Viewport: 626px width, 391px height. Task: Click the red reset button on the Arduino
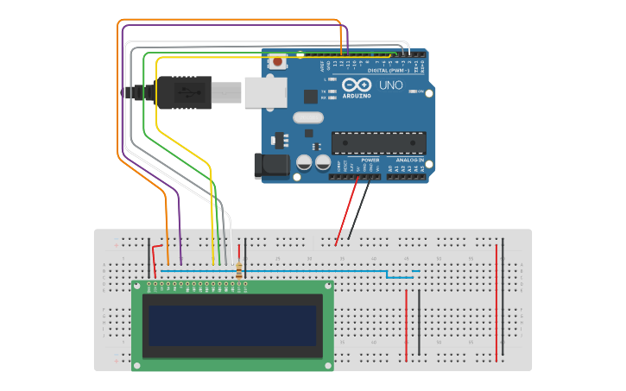coord(278,61)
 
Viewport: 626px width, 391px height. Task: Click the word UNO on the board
coord(390,85)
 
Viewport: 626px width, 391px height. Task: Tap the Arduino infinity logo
coord(357,85)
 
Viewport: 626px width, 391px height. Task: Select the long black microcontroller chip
coord(379,143)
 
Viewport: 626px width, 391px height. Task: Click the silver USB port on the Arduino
coord(265,92)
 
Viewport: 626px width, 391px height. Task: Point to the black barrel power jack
coord(269,166)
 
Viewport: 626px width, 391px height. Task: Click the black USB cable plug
coord(182,92)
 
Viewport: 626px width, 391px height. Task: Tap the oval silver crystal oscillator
coord(307,117)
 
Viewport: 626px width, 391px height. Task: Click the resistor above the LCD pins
coord(239,269)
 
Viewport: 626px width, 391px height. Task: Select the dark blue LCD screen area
coord(232,325)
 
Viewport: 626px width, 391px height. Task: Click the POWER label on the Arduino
coord(370,161)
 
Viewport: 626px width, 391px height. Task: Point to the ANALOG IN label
coord(410,161)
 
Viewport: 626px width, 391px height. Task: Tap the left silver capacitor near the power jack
coord(305,162)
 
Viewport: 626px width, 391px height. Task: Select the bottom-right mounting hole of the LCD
coord(327,365)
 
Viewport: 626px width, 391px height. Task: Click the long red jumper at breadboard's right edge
coord(496,302)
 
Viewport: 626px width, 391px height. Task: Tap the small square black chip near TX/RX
coord(310,97)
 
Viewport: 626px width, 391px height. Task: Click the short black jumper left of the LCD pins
coord(149,257)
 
